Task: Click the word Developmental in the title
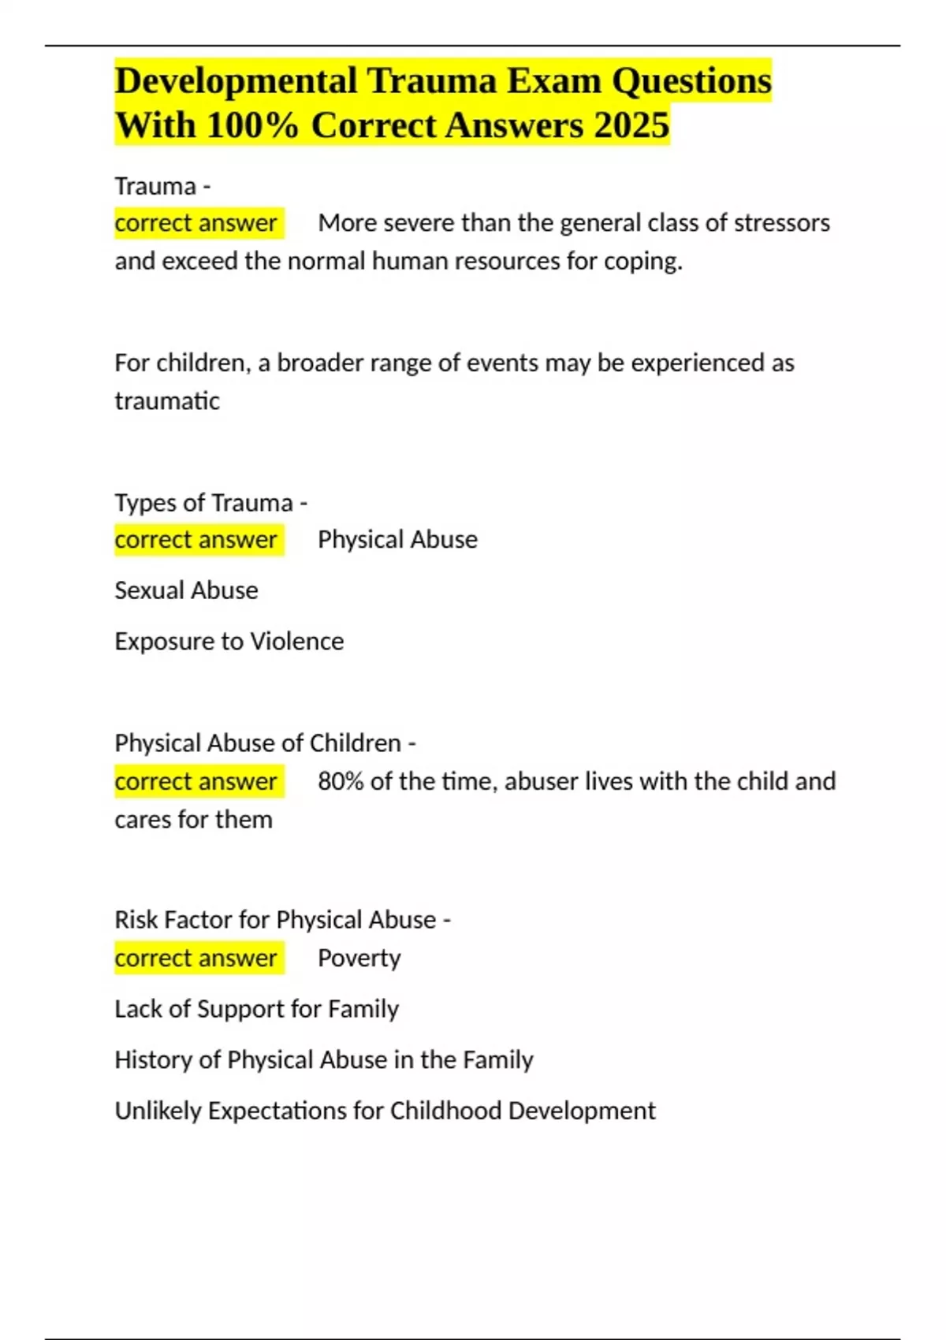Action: [x=234, y=81]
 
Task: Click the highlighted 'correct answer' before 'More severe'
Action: [x=196, y=223]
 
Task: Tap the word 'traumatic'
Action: [x=167, y=401]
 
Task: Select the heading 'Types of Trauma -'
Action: [x=210, y=502]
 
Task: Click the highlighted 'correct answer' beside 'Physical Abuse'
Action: [x=196, y=540]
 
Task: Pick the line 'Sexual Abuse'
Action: [x=186, y=590]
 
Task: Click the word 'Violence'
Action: [x=296, y=642]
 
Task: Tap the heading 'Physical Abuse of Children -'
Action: [x=265, y=743]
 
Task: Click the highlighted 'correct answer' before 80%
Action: [x=196, y=781]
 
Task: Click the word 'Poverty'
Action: [x=359, y=958]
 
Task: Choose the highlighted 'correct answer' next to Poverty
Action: [x=196, y=958]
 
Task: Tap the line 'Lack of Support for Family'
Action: [x=256, y=1009]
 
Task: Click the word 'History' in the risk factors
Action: [x=154, y=1060]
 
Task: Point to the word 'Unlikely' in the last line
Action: [x=158, y=1111]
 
